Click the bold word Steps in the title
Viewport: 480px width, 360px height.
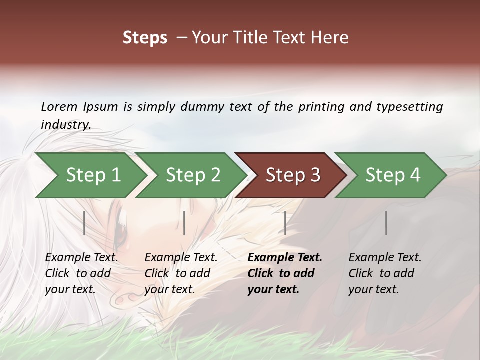(x=145, y=38)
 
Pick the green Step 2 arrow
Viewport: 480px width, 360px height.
(x=192, y=175)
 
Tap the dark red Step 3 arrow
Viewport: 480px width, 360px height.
(x=292, y=175)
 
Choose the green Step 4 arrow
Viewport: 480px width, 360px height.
(x=392, y=175)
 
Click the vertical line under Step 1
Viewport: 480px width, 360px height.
(x=84, y=223)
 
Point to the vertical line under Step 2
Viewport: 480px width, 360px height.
(x=184, y=223)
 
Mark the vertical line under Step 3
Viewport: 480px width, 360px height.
(x=285, y=223)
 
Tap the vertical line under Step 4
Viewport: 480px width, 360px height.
(x=386, y=223)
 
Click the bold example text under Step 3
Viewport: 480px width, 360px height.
(x=285, y=273)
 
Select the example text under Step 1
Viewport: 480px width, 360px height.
(x=81, y=273)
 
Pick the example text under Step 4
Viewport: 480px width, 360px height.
(x=385, y=273)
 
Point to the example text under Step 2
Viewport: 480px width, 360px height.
(x=181, y=273)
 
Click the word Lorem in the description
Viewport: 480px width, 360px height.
(x=59, y=107)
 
